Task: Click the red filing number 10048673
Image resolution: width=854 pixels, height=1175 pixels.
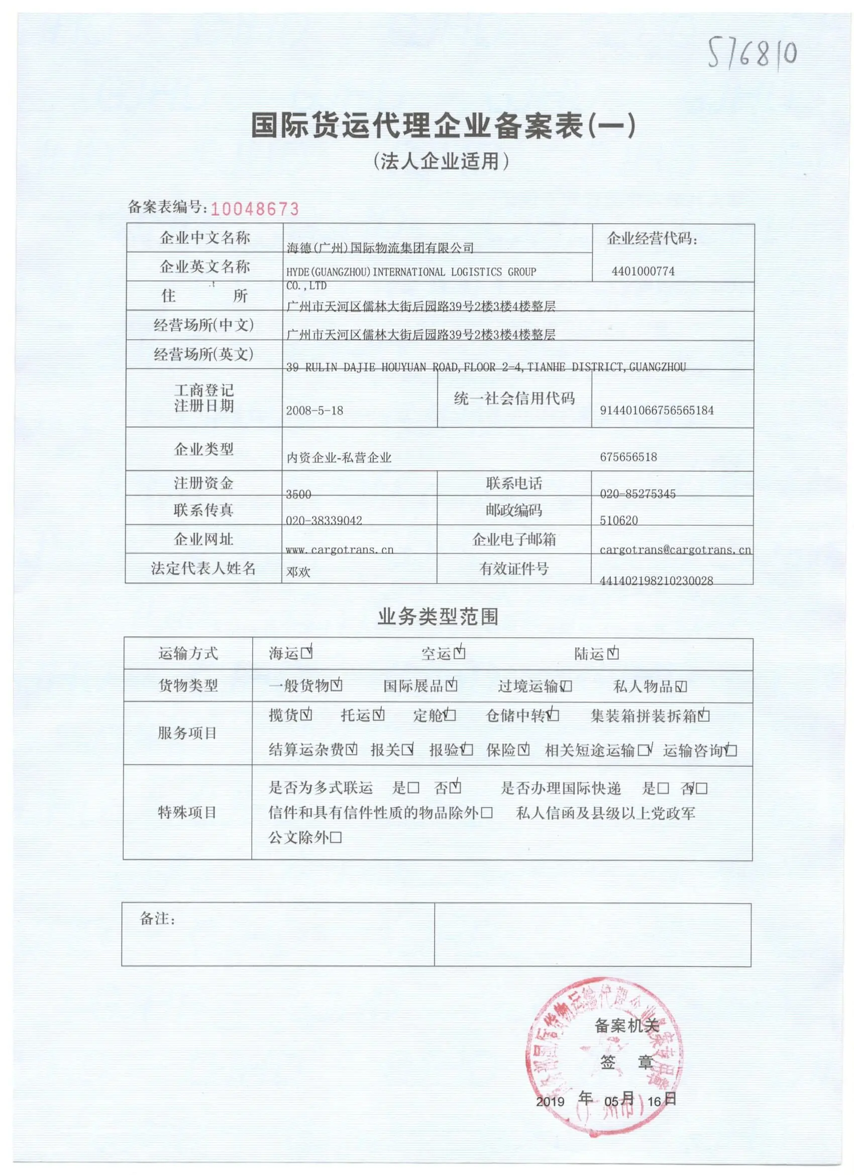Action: (x=255, y=209)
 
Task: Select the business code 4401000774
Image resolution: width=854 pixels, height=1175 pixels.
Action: (x=643, y=271)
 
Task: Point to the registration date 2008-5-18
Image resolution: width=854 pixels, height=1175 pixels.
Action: (x=314, y=410)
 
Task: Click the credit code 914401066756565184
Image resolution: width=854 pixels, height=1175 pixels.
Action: (x=656, y=410)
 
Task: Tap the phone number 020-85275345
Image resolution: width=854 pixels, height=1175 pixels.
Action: (x=637, y=494)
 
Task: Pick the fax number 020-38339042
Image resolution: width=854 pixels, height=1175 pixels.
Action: (x=324, y=520)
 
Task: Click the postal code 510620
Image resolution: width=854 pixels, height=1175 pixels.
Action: (x=618, y=520)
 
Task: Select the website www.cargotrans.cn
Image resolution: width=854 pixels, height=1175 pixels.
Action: (x=339, y=549)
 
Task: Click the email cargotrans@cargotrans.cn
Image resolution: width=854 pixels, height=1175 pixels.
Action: (x=675, y=549)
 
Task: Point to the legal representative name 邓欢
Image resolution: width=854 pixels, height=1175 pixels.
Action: (x=298, y=571)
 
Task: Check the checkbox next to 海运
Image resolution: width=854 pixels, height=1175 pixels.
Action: (x=306, y=653)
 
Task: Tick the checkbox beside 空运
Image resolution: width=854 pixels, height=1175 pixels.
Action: (x=459, y=653)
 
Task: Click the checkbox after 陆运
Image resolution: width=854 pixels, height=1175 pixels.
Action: (x=613, y=654)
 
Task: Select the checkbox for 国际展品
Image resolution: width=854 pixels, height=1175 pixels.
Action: (x=451, y=686)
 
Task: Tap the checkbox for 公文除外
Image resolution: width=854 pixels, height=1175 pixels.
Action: (x=336, y=838)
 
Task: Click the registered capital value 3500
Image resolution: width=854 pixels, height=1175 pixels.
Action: (x=298, y=494)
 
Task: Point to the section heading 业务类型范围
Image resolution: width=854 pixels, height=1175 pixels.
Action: (x=438, y=617)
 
